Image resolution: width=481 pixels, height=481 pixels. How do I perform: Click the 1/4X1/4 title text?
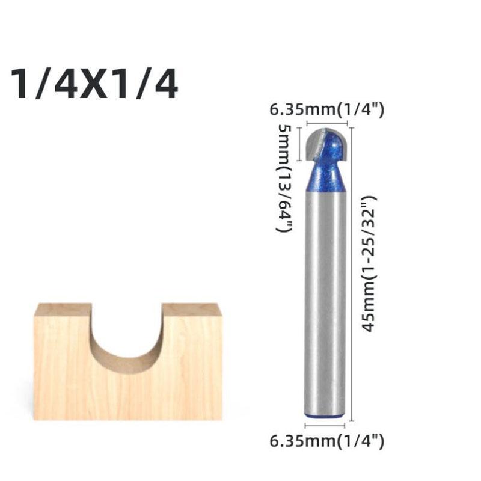coord(94,84)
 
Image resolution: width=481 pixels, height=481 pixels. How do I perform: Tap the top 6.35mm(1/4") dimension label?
coord(326,109)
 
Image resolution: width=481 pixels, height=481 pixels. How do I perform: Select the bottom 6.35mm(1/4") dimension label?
coord(326,441)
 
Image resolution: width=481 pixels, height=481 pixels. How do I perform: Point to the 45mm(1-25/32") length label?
coord(369,263)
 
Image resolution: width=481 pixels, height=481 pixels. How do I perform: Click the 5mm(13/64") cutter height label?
coord(284,178)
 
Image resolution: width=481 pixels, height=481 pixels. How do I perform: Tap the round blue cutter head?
coord(326,144)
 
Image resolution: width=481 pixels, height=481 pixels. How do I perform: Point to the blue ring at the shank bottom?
coord(325,416)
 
